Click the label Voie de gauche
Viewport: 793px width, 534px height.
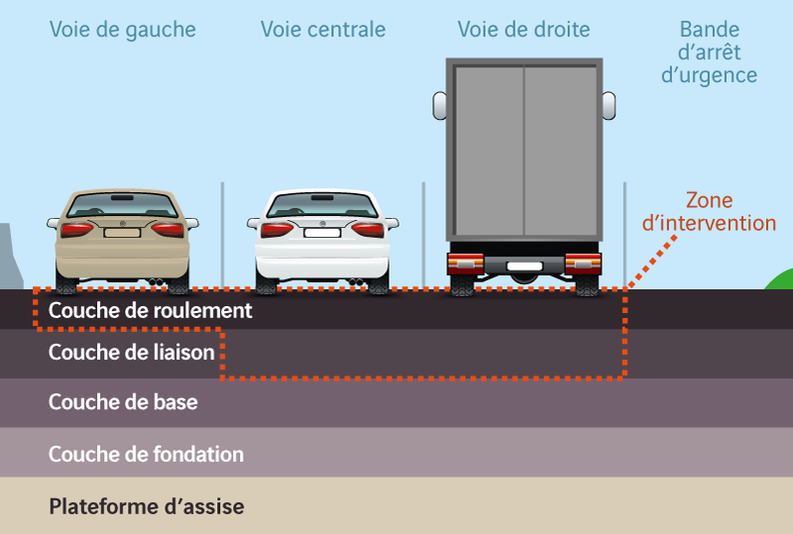point(122,30)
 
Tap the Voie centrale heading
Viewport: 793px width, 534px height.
point(323,30)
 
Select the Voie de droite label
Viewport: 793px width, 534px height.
point(523,30)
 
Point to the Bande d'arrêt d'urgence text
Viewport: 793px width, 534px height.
point(709,53)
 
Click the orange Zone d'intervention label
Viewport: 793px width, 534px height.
point(709,212)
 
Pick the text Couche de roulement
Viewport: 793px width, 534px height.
point(151,310)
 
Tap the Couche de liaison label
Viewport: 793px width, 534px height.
point(132,352)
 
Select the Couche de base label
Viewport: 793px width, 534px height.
point(123,402)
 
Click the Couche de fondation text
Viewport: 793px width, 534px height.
point(146,454)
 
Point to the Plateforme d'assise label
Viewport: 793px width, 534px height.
point(147,506)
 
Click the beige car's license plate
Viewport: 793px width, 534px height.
point(122,233)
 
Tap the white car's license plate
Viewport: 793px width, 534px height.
point(322,233)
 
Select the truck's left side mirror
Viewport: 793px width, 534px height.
point(439,106)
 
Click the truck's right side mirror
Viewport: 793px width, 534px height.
point(609,106)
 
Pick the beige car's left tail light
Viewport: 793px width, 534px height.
point(77,230)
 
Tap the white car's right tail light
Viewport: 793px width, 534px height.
point(368,230)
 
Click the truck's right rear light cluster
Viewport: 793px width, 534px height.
point(583,264)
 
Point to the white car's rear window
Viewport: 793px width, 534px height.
point(322,205)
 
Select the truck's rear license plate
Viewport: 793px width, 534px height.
point(524,266)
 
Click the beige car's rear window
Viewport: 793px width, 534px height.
point(122,205)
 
